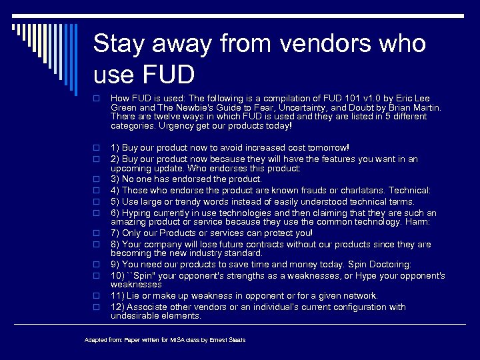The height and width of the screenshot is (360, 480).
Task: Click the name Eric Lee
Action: [x=417, y=98]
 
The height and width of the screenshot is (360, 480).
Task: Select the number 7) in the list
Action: [x=115, y=233]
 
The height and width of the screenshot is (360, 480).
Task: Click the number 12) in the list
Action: [x=117, y=307]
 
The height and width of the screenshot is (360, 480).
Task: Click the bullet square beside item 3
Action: [x=97, y=179]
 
